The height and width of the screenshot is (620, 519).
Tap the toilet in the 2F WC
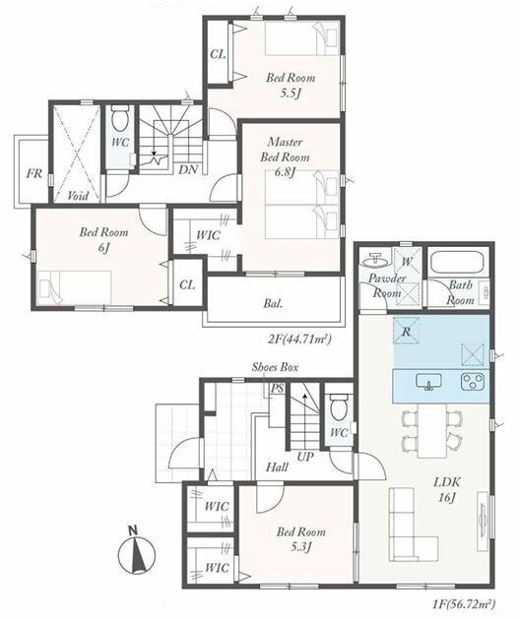pos(120,118)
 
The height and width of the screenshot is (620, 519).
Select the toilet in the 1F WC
pos(339,407)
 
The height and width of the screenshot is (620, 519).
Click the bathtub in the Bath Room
pos(457,262)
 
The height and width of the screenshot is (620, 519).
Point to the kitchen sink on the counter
pos(428,382)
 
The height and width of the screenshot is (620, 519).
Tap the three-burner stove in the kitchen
pos(473,382)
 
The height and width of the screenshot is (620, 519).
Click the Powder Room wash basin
pos(374,260)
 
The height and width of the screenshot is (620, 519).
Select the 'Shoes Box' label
pos(276,367)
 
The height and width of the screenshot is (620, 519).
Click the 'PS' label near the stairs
pos(278,389)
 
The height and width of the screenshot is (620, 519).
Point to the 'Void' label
pos(78,195)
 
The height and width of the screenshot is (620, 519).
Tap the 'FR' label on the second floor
pos(34,173)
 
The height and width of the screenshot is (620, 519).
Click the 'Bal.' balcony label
pos(274,304)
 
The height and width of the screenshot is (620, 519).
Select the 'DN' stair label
pos(188,169)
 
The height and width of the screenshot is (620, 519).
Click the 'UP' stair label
pos(305,457)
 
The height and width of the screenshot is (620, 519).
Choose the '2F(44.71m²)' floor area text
pos(299,340)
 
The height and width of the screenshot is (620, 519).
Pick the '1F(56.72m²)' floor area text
pos(463,604)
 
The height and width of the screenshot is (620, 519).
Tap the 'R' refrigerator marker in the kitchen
pos(407,332)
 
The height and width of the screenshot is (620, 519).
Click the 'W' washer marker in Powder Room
pos(407,262)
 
